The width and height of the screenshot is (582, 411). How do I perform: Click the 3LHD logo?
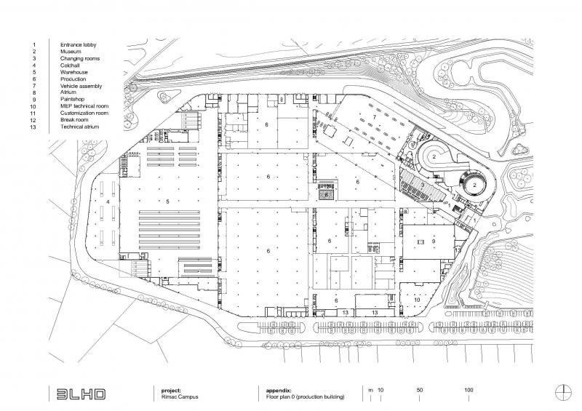pos(81,394)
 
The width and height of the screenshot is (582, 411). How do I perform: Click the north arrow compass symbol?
pos(563,392)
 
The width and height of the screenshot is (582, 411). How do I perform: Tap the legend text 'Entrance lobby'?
pos(79,44)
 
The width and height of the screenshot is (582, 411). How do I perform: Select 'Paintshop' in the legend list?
pos(72,99)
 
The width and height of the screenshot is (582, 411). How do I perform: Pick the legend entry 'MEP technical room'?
pos(84,105)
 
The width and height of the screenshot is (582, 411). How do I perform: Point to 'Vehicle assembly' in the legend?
pos(81,86)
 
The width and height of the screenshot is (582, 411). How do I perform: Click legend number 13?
pos(33,127)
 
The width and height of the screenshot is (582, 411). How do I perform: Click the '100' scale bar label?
pos(469,390)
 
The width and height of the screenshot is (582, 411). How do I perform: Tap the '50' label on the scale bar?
pos(420,390)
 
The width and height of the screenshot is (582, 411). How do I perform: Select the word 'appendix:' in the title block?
pos(279,391)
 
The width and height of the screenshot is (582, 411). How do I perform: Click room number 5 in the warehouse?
pos(168,201)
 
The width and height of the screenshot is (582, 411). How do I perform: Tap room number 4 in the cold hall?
pos(108,201)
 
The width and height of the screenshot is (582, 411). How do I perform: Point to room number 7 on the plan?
pos(375,117)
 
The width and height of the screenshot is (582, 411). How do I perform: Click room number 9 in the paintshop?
pos(434,241)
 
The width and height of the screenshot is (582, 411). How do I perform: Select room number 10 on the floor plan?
pos(417,300)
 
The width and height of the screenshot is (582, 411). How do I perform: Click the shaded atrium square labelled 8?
pos(326,194)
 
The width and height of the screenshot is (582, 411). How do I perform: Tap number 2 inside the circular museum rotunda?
pos(475,185)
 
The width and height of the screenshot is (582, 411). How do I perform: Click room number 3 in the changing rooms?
pos(423,185)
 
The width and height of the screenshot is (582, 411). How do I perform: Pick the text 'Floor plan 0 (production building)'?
pos(305,396)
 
